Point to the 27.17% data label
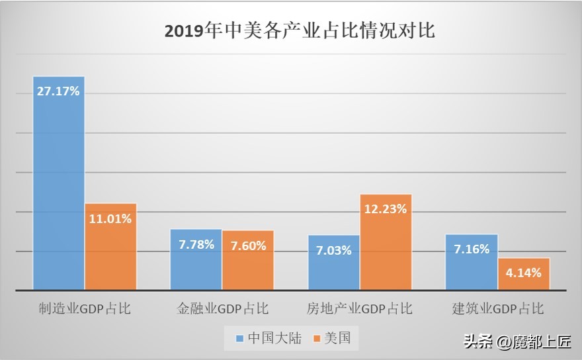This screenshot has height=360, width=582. coord(58,91)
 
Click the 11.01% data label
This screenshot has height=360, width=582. coord(110,218)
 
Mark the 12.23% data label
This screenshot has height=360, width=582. coord(386,208)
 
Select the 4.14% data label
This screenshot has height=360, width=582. coord(524,272)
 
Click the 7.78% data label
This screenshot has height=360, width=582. coord(196,245)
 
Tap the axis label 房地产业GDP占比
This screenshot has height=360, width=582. coord(359,309)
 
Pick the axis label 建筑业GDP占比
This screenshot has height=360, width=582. coord(497,309)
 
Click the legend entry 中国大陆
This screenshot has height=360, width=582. coord(269,339)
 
